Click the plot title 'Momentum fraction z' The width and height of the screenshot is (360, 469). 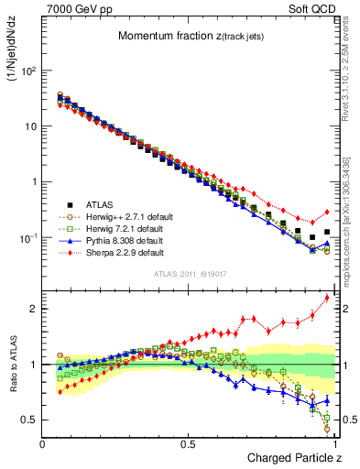coord(189,36)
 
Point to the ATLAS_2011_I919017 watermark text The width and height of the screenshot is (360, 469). coord(189,275)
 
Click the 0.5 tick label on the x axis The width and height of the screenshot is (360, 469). coord(189,443)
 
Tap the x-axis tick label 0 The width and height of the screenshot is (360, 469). coord(43,443)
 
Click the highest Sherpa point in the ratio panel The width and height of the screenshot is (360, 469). coord(327,298)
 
